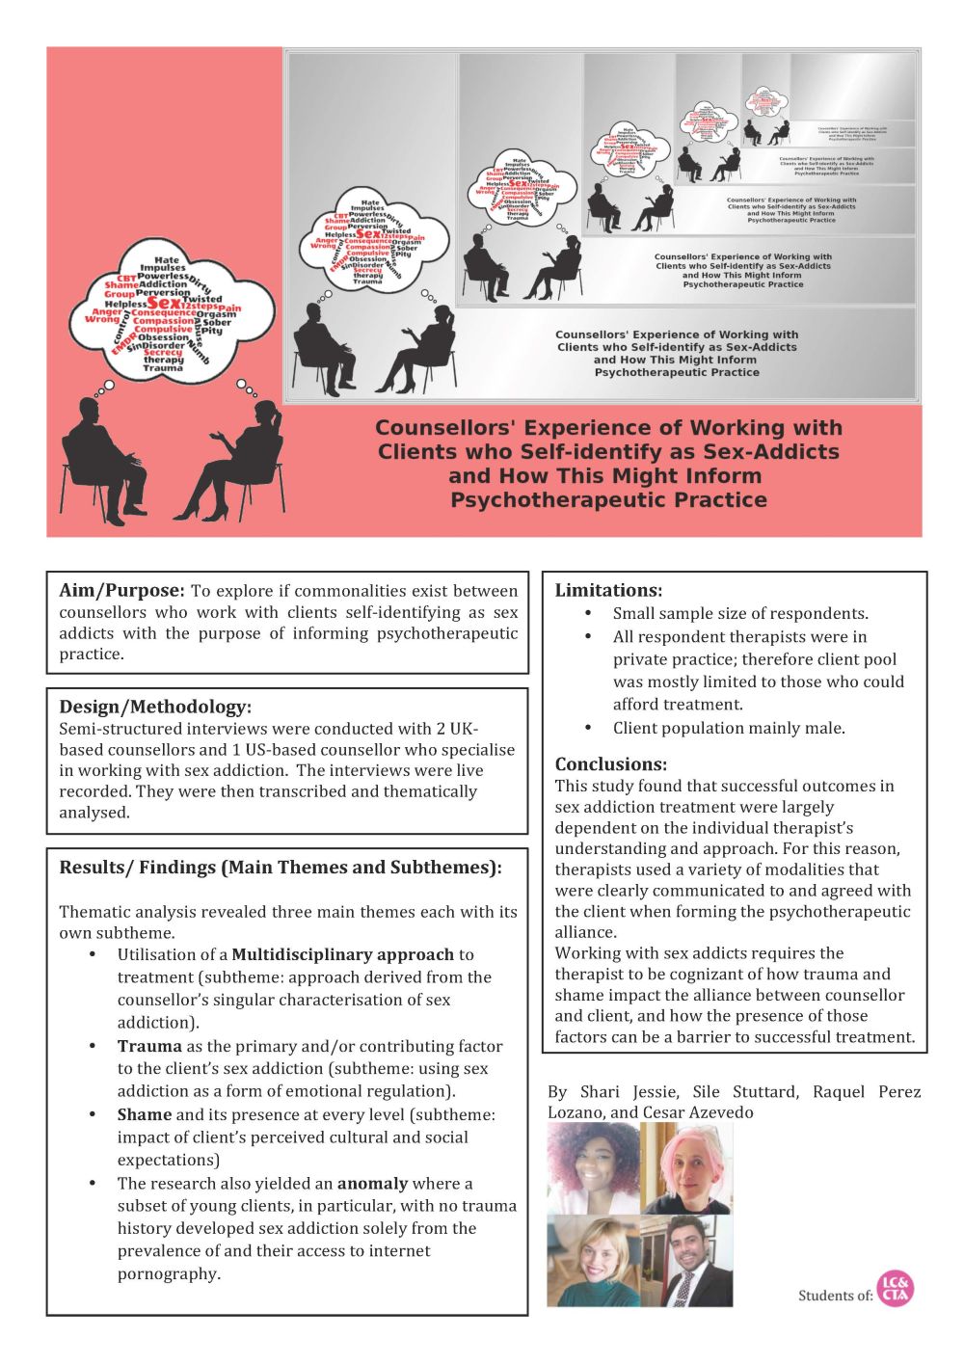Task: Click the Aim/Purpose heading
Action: [120, 591]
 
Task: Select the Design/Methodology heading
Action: [155, 707]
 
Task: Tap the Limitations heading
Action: [608, 591]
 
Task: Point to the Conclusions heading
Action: [611, 764]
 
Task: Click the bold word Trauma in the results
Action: [149, 1046]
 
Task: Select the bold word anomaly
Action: [372, 1183]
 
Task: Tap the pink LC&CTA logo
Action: [896, 1289]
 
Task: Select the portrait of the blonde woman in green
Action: [594, 1261]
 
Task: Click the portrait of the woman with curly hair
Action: [594, 1167]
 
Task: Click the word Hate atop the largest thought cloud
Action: [166, 260]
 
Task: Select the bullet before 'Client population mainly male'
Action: [588, 728]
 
